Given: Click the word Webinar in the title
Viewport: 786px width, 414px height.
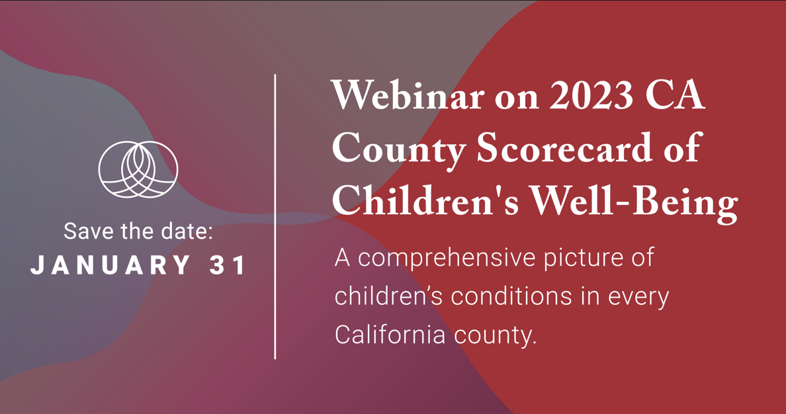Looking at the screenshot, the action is [408, 95].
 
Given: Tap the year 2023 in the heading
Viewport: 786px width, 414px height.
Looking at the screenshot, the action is [591, 95].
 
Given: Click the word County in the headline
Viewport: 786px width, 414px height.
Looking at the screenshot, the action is [398, 149].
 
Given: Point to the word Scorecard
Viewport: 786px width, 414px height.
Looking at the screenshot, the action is [564, 147].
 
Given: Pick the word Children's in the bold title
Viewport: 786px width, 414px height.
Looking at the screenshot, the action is [425, 200].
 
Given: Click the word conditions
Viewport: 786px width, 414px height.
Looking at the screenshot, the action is [512, 297].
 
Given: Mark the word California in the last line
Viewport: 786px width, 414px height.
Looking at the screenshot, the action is [390, 334].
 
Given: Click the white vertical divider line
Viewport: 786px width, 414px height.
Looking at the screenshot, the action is [275, 216].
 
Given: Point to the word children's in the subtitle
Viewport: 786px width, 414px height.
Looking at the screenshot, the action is [388, 296].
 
